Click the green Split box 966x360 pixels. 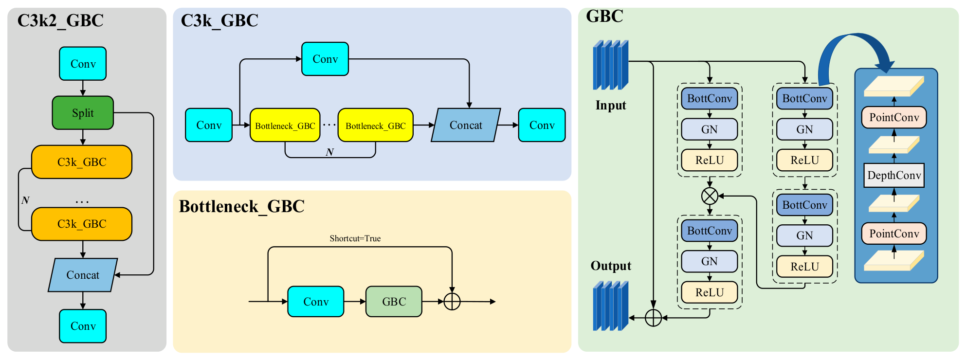(83, 113)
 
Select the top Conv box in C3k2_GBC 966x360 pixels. (83, 64)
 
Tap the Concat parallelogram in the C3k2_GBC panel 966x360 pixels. (83, 275)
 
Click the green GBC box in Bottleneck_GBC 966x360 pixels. (394, 302)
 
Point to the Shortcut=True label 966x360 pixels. (355, 238)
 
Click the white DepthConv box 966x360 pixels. (894, 176)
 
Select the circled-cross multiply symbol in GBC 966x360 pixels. (710, 196)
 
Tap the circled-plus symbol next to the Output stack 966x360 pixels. (653, 318)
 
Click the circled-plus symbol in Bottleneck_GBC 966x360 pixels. (452, 302)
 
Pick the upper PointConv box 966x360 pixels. (894, 118)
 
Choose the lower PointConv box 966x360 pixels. (894, 234)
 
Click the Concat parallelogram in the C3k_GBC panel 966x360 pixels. (466, 125)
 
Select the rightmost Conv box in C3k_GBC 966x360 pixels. (542, 125)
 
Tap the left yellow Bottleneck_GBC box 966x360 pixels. (285, 125)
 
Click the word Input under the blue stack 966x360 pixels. (611, 106)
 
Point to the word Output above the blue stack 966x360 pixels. (611, 266)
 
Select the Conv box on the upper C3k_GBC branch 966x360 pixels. (325, 59)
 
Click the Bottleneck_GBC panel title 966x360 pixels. (242, 206)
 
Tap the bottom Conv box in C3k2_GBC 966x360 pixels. (83, 326)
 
